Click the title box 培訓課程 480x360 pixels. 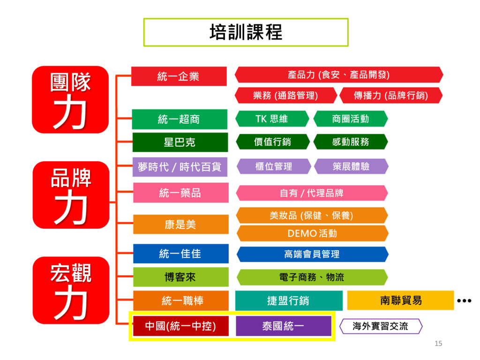(246, 32)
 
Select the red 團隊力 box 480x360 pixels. (70, 99)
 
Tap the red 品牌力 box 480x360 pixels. (70, 195)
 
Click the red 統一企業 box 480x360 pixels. (179, 76)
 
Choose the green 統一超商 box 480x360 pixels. (180, 119)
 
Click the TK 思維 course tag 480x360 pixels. (272, 119)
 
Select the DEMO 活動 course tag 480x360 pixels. (312, 233)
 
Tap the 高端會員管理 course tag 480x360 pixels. (312, 254)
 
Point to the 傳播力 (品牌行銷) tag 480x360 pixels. (390, 96)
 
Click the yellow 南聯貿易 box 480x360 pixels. (400, 300)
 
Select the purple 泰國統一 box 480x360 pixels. (283, 326)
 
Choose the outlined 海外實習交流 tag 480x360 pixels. (380, 326)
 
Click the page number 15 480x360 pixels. (438, 344)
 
